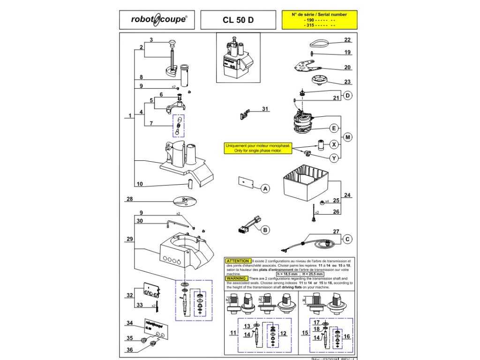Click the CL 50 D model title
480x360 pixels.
[239, 21]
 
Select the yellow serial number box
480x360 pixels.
[319, 21]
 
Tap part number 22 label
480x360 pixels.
[347, 40]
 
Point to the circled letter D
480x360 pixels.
[347, 96]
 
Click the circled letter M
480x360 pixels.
[347, 137]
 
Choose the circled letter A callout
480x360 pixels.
[265, 189]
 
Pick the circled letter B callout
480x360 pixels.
[265, 230]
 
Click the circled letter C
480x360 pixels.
[347, 239]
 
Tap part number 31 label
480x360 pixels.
[266, 110]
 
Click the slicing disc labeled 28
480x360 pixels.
[186, 201]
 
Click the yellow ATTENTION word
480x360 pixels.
[238, 261]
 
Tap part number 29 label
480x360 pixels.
[130, 239]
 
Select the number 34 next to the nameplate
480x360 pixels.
[130, 323]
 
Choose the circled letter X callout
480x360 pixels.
[334, 144]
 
